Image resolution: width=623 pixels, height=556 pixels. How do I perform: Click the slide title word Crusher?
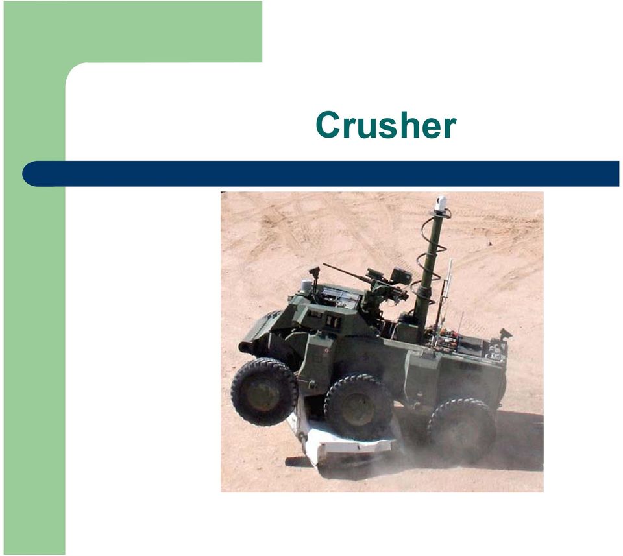(385, 125)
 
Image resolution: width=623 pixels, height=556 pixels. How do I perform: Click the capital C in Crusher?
(329, 125)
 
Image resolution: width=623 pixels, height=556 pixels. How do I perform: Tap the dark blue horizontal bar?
(321, 174)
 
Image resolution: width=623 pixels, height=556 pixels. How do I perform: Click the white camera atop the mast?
(441, 203)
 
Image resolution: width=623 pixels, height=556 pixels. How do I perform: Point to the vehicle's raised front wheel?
(264, 392)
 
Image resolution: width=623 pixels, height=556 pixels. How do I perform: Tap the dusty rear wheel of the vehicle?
(461, 430)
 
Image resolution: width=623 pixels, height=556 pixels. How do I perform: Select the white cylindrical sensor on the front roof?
(306, 287)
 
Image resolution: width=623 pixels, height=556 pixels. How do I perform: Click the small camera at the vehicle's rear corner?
(505, 333)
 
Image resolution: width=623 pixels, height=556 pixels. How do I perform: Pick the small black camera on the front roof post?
(314, 271)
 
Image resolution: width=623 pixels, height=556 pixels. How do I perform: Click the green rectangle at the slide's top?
(133, 32)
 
